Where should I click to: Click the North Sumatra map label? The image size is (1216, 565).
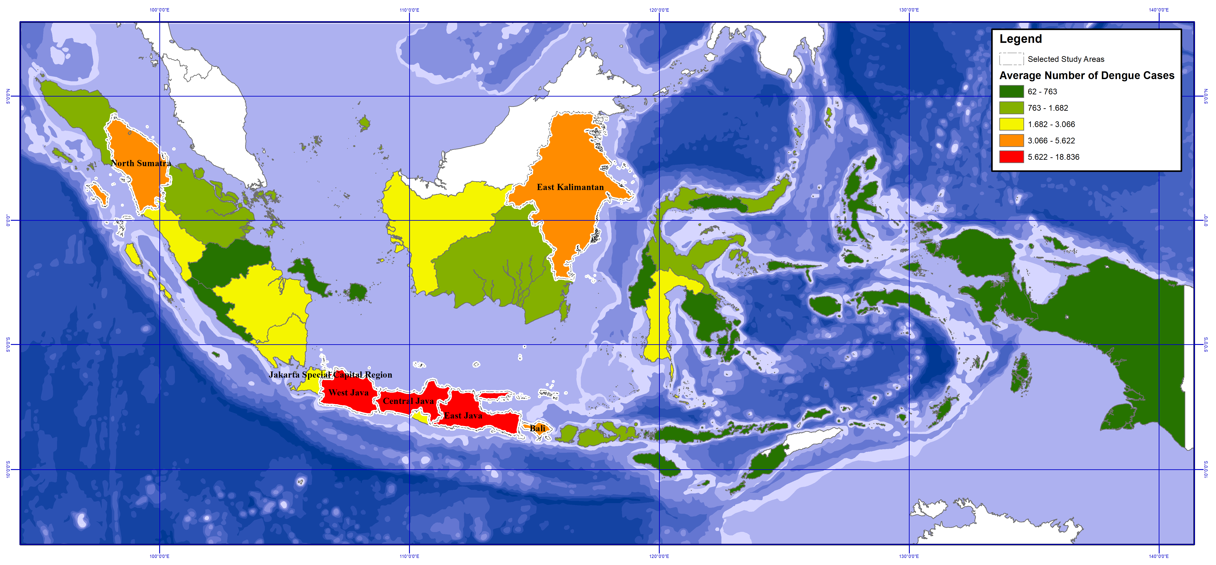click(x=141, y=163)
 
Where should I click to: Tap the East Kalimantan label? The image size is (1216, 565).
click(x=570, y=187)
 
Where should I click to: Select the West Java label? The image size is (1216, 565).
click(x=348, y=392)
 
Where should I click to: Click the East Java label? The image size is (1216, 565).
click(x=463, y=415)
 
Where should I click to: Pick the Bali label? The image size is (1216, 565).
click(x=537, y=428)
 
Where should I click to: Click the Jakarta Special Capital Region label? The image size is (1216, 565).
click(x=331, y=375)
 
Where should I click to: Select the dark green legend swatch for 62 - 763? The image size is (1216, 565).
click(x=1011, y=91)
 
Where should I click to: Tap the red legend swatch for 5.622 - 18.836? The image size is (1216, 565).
click(x=1011, y=157)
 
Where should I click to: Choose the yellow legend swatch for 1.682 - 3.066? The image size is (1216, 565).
click(x=1011, y=124)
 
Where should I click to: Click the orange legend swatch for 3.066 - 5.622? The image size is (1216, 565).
click(x=1011, y=141)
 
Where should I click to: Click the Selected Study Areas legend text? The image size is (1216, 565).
click(x=1066, y=59)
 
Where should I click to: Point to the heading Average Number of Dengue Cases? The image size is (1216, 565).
click(x=1087, y=76)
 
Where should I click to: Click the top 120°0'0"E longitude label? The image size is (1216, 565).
click(x=659, y=10)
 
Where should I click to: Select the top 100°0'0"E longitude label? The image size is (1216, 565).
click(x=160, y=10)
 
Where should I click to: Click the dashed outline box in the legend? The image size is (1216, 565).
click(x=1011, y=59)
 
